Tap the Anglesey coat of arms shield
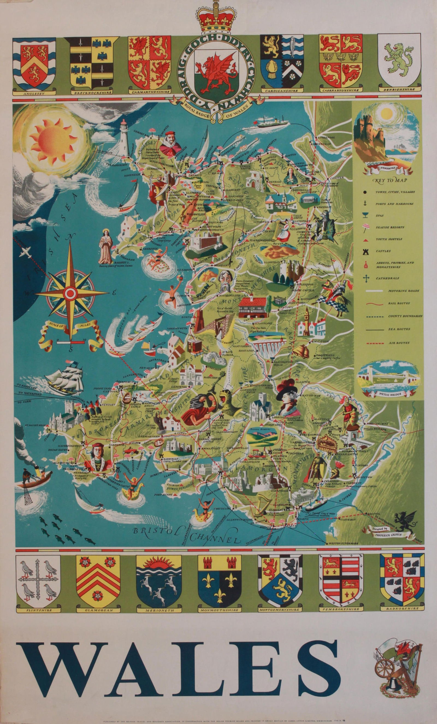(x=34, y=61)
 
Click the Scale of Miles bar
(x=71, y=342)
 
